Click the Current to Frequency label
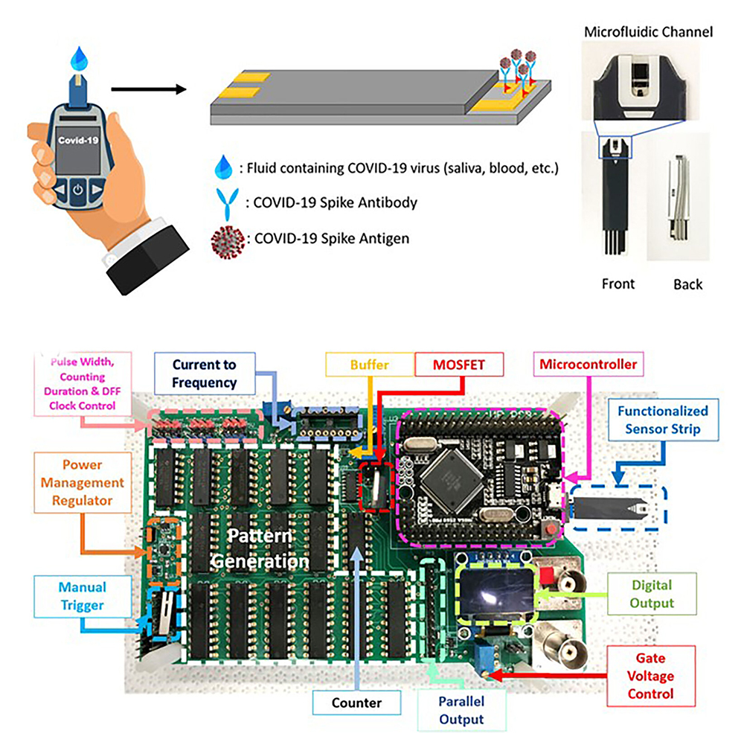coord(204,374)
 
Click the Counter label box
coord(357,702)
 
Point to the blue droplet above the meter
coord(80,57)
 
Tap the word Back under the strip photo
coord(687,284)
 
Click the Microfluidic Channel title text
coord(649,32)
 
